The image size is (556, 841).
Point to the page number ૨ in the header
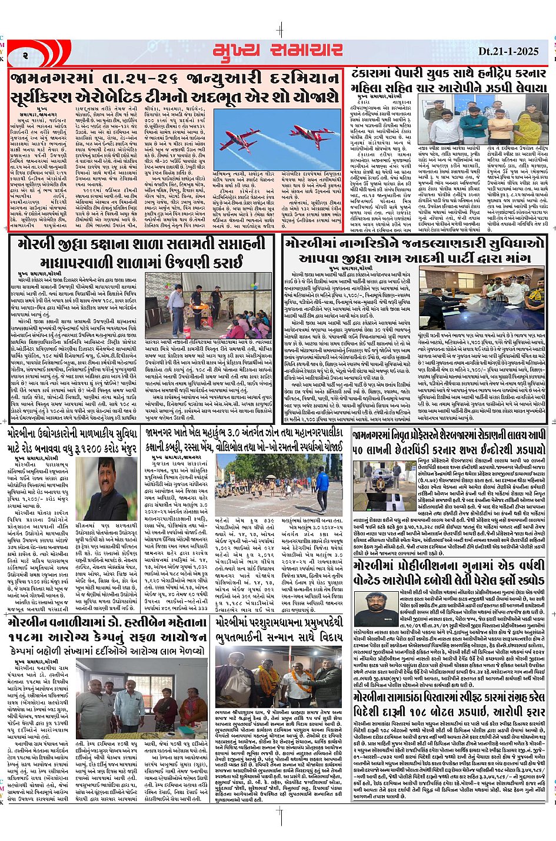coord(26,55)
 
